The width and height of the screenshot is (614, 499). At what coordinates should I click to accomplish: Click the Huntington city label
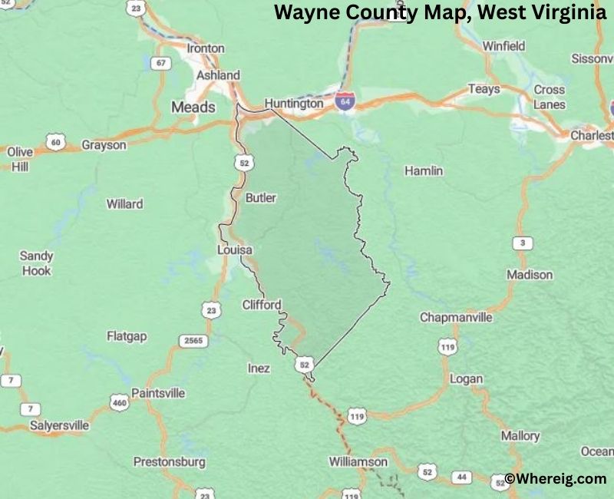click(294, 103)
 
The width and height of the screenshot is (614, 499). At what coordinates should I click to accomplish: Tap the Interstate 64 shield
click(345, 101)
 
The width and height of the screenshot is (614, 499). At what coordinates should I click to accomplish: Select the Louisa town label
click(235, 250)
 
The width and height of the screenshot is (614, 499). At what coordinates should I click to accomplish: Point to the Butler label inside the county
click(261, 198)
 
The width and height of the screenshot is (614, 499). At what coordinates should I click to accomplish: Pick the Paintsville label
click(158, 393)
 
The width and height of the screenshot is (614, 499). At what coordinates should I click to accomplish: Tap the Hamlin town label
click(424, 170)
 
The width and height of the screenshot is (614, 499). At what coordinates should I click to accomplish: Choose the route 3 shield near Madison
click(523, 243)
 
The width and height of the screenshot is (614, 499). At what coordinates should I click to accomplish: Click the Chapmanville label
click(456, 317)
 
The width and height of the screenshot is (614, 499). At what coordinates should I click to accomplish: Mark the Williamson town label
click(358, 461)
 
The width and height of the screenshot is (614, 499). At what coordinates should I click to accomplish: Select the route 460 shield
click(119, 402)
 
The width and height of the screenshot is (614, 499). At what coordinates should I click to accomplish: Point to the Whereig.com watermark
click(556, 478)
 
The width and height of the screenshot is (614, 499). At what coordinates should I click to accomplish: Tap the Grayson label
click(104, 144)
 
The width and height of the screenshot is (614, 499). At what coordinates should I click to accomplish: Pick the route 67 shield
click(160, 63)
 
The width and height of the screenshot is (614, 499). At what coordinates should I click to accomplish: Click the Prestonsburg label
click(170, 462)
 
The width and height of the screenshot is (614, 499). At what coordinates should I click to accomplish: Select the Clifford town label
click(262, 304)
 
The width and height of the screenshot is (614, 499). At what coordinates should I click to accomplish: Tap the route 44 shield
click(461, 477)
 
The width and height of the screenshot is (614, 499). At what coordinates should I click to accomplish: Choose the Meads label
click(193, 107)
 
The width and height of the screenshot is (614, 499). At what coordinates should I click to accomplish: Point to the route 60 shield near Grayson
click(54, 141)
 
